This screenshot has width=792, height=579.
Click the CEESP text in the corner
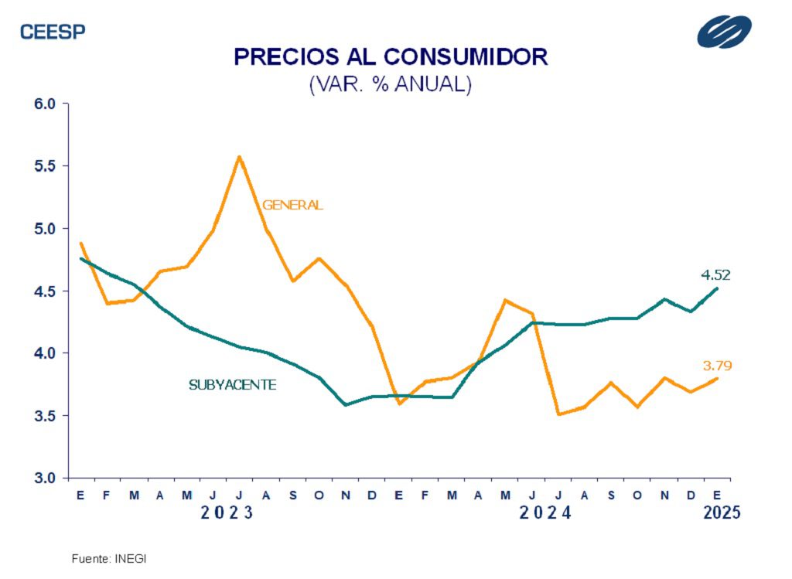53,32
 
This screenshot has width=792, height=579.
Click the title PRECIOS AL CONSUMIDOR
391,57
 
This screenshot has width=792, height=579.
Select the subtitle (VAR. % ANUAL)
390,84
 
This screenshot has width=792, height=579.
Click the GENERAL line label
292,206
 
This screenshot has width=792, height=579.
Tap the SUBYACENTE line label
232,384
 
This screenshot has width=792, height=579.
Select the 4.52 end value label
715,274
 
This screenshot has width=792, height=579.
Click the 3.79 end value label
716,366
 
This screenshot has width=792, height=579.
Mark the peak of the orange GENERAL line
239,156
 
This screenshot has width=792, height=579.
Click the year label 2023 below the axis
227,513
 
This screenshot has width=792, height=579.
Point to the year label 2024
545,513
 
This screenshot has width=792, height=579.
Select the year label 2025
722,513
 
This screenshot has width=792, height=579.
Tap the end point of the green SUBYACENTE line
718,288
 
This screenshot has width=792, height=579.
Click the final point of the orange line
718,378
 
